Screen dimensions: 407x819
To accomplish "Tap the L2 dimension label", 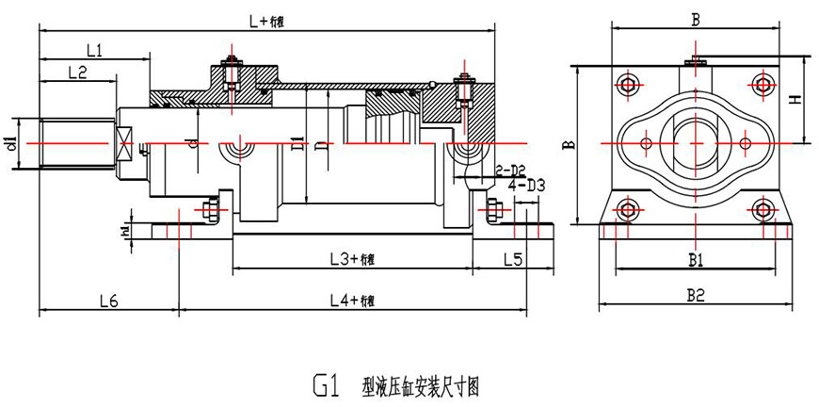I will [x=76, y=73].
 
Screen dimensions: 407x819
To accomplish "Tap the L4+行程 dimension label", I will [x=352, y=300].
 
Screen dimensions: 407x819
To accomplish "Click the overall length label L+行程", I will [x=265, y=20].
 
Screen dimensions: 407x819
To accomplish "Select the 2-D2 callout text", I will [x=509, y=170].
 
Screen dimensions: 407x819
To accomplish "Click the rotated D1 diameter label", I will [x=296, y=144].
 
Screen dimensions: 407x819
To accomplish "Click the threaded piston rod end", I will [x=76, y=143].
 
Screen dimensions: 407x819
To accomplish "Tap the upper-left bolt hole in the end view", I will [x=629, y=85].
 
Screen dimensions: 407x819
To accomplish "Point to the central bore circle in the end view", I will [x=695, y=142].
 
